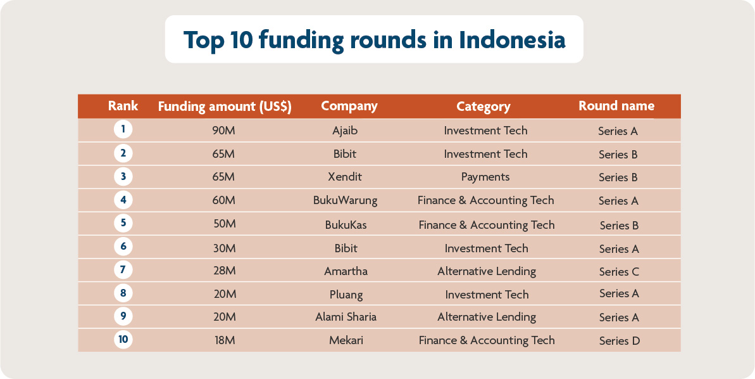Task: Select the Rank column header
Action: coord(123,106)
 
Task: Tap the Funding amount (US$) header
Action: coord(224,106)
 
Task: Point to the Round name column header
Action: coord(616,106)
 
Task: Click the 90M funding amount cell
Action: coord(224,131)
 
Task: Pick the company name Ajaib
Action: coord(346,131)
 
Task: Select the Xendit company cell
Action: coord(345,177)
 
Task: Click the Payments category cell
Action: coord(485,177)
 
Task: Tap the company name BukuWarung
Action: coord(345,200)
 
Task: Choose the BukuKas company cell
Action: coord(346,225)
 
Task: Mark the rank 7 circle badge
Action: coord(123,269)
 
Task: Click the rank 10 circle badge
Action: coord(123,339)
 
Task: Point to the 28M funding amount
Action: coord(224,271)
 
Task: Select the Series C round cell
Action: coord(619,272)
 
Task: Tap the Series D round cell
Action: coord(619,341)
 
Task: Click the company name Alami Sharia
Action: coord(346,317)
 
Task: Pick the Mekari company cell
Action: coord(346,340)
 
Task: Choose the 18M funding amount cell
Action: coord(224,340)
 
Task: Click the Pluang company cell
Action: coord(346,294)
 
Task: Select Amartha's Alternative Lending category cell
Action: coord(486,271)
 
